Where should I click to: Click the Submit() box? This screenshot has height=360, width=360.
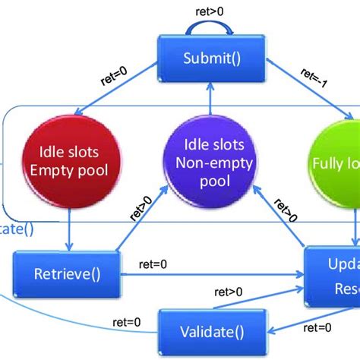(x=203, y=58)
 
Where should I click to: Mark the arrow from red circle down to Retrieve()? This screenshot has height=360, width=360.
(x=70, y=232)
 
